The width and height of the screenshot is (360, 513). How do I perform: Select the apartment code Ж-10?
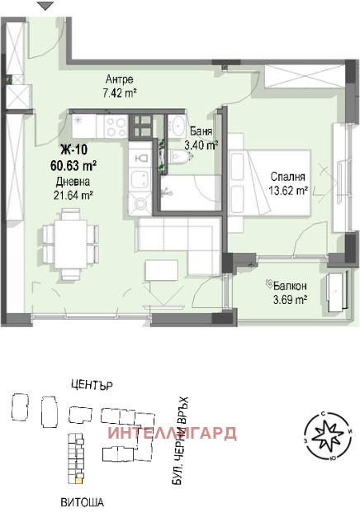click(72, 150)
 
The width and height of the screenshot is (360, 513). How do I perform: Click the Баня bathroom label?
click(198, 131)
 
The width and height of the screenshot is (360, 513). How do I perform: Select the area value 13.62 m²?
click(289, 189)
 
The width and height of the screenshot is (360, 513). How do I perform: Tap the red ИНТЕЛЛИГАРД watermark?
click(172, 433)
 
